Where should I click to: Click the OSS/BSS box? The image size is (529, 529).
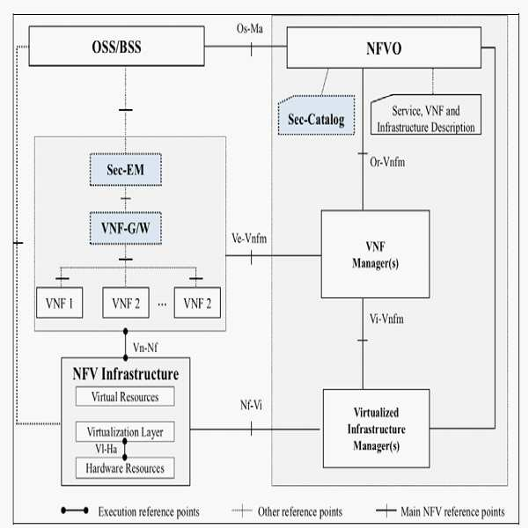pyautogui.click(x=116, y=47)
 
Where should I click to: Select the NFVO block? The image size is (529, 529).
pyautogui.click(x=384, y=48)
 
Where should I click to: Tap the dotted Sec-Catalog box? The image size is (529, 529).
pyautogui.click(x=316, y=115)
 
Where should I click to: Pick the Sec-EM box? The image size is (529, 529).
pyautogui.click(x=126, y=170)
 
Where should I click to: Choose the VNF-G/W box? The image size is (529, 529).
pyautogui.click(x=126, y=228)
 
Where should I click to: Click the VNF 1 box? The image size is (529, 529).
pyautogui.click(x=59, y=303)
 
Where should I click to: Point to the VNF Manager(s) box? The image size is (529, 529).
pyautogui.click(x=375, y=254)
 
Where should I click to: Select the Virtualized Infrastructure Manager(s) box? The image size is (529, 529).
pyautogui.click(x=376, y=429)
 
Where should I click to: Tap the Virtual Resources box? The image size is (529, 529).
pyautogui.click(x=125, y=396)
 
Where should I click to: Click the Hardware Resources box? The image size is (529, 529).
pyautogui.click(x=125, y=468)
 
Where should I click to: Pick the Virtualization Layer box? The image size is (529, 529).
pyautogui.click(x=125, y=431)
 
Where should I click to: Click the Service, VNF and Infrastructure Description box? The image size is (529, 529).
pyautogui.click(x=426, y=114)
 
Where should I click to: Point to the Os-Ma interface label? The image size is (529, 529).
pyautogui.click(x=250, y=29)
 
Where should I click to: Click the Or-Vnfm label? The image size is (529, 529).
pyautogui.click(x=387, y=162)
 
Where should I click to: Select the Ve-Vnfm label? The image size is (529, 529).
pyautogui.click(x=249, y=239)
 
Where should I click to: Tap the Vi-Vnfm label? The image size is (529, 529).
pyautogui.click(x=386, y=319)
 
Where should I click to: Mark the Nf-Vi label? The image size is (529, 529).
pyautogui.click(x=251, y=405)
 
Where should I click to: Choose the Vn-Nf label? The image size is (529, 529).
pyautogui.click(x=145, y=348)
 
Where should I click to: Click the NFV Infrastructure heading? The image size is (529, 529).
pyautogui.click(x=126, y=374)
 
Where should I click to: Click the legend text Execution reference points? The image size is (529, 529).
pyautogui.click(x=149, y=511)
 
